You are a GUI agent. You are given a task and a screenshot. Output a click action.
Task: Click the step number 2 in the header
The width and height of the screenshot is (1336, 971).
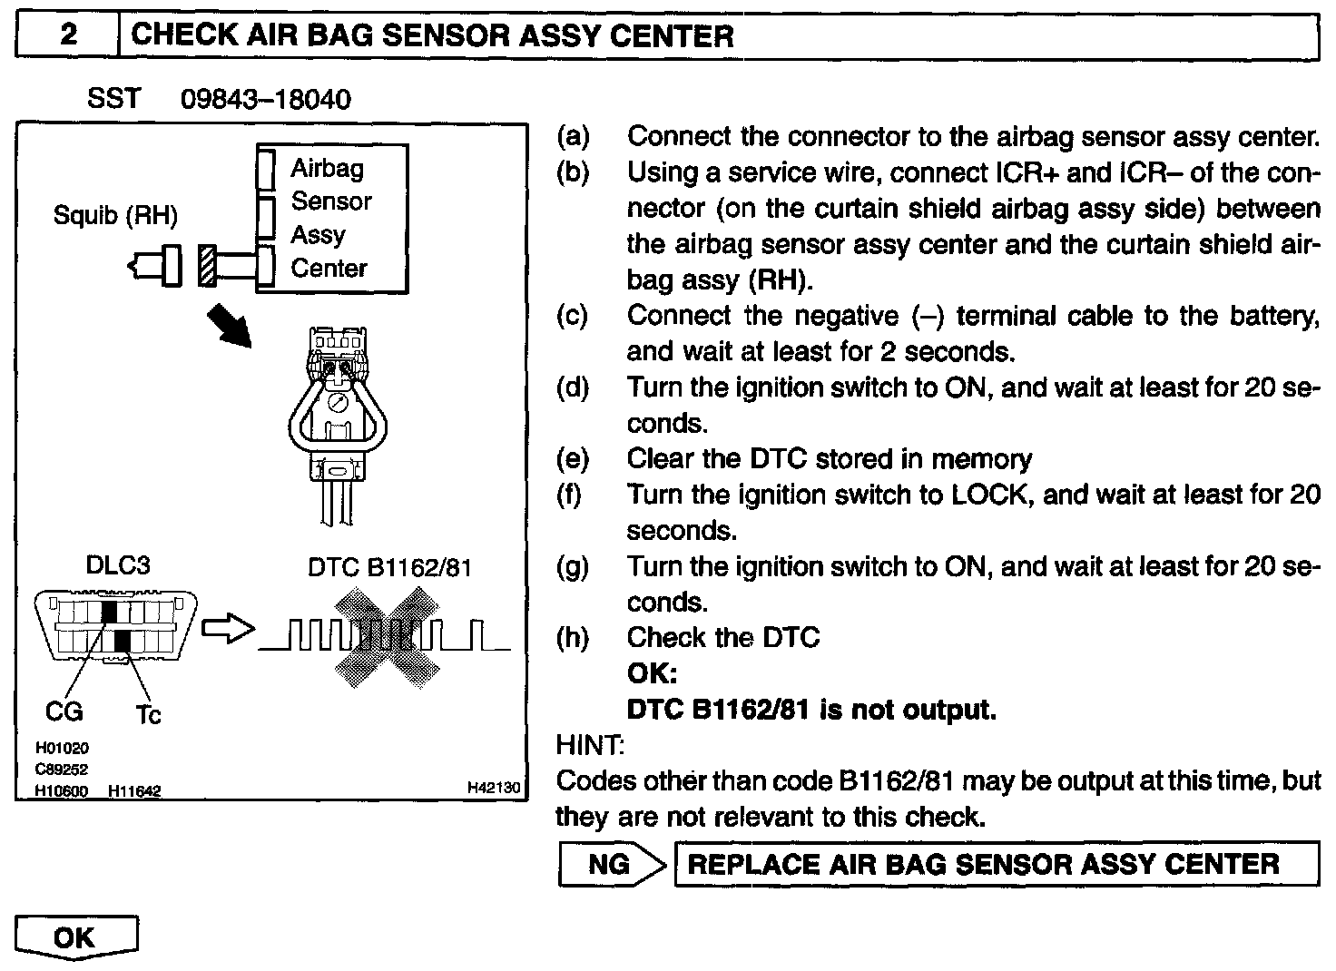coord(68,35)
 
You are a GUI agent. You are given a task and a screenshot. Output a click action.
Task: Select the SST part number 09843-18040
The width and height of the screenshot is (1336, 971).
coord(265,99)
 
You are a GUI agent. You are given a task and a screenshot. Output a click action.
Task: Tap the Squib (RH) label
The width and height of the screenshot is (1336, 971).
coord(115,216)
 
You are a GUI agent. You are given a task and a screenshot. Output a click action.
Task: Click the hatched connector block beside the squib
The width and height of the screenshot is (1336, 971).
coord(206,267)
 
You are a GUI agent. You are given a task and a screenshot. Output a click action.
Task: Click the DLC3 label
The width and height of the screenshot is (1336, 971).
coord(117,565)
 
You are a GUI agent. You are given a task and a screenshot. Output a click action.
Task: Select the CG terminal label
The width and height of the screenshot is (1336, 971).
coord(64,712)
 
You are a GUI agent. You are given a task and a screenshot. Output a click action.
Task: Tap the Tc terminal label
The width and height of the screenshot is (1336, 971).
coord(148,715)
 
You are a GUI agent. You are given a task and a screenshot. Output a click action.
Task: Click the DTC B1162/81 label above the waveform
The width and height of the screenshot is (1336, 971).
coord(389,567)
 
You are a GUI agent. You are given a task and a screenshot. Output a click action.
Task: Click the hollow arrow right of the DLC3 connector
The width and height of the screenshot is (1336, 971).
coord(225,630)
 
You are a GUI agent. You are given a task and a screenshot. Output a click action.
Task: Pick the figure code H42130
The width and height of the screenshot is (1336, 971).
coord(494,789)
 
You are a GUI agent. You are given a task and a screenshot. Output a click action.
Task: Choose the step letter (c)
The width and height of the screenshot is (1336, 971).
coord(573,316)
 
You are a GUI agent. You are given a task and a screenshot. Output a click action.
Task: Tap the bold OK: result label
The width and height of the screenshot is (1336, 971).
coord(652,674)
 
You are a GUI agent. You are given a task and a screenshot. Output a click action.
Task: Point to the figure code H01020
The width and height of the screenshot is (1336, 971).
coord(62,749)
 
